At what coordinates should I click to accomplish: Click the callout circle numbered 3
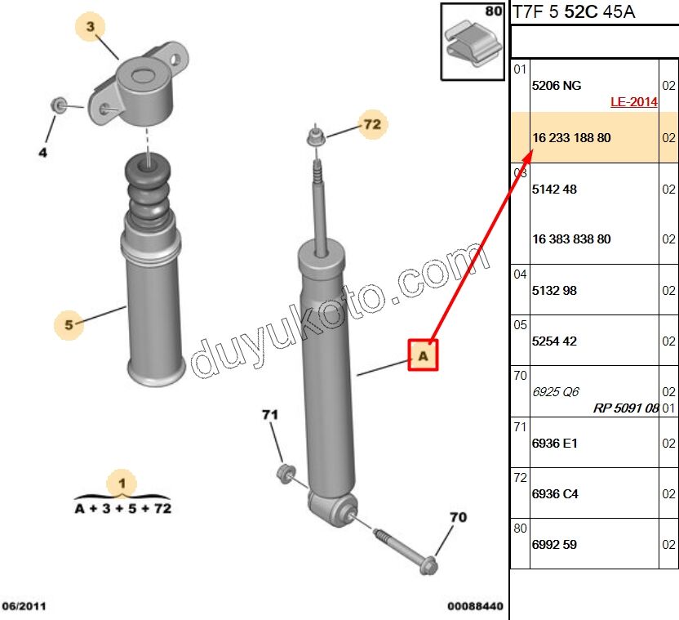[91, 28]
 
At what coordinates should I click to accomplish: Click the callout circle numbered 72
[372, 124]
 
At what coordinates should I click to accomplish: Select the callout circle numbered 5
[69, 325]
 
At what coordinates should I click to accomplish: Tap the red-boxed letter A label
[423, 355]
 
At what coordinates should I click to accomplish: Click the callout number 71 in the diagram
[270, 416]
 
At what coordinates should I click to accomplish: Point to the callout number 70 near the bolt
[459, 517]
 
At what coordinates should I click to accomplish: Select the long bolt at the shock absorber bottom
[404, 549]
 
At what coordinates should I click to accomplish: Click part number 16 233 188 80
[570, 138]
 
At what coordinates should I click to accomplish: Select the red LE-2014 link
[633, 102]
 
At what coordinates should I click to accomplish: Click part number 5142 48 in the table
[554, 189]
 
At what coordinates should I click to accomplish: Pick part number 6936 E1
[554, 443]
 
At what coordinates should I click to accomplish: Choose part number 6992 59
[554, 544]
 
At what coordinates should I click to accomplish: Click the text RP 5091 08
[625, 407]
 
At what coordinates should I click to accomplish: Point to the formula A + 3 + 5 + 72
[122, 508]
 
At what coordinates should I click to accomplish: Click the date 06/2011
[24, 606]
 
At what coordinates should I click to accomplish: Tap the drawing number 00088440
[475, 606]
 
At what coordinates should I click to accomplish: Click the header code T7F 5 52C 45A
[573, 11]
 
